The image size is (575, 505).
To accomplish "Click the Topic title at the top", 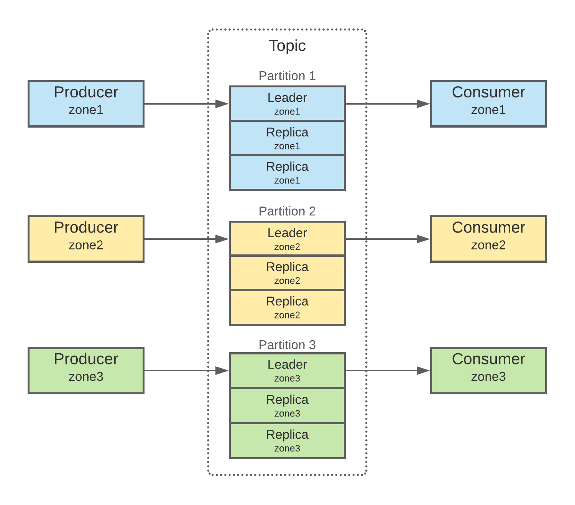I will tap(287, 46).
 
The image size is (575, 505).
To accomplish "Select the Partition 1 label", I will tap(287, 76).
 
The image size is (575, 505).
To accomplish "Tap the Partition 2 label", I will tap(287, 211).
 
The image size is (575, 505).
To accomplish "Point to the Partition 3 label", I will tap(287, 345).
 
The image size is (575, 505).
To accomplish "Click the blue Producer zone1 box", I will tap(86, 104).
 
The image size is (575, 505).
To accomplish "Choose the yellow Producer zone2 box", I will tap(86, 239).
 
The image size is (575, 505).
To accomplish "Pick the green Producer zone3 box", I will tap(86, 371).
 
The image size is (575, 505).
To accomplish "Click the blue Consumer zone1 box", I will tap(488, 104).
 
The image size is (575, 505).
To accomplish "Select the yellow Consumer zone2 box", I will tap(488, 239).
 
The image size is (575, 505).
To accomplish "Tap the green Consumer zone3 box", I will tap(488, 371).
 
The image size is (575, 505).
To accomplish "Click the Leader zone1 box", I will tap(287, 103).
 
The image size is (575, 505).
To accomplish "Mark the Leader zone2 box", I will tap(287, 239).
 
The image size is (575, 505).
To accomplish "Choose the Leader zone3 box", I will tap(287, 371).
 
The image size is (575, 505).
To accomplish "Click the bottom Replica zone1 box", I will tap(287, 173).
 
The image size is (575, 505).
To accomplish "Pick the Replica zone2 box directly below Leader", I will tap(287, 273).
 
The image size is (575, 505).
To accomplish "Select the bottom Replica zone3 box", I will tap(287, 441).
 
